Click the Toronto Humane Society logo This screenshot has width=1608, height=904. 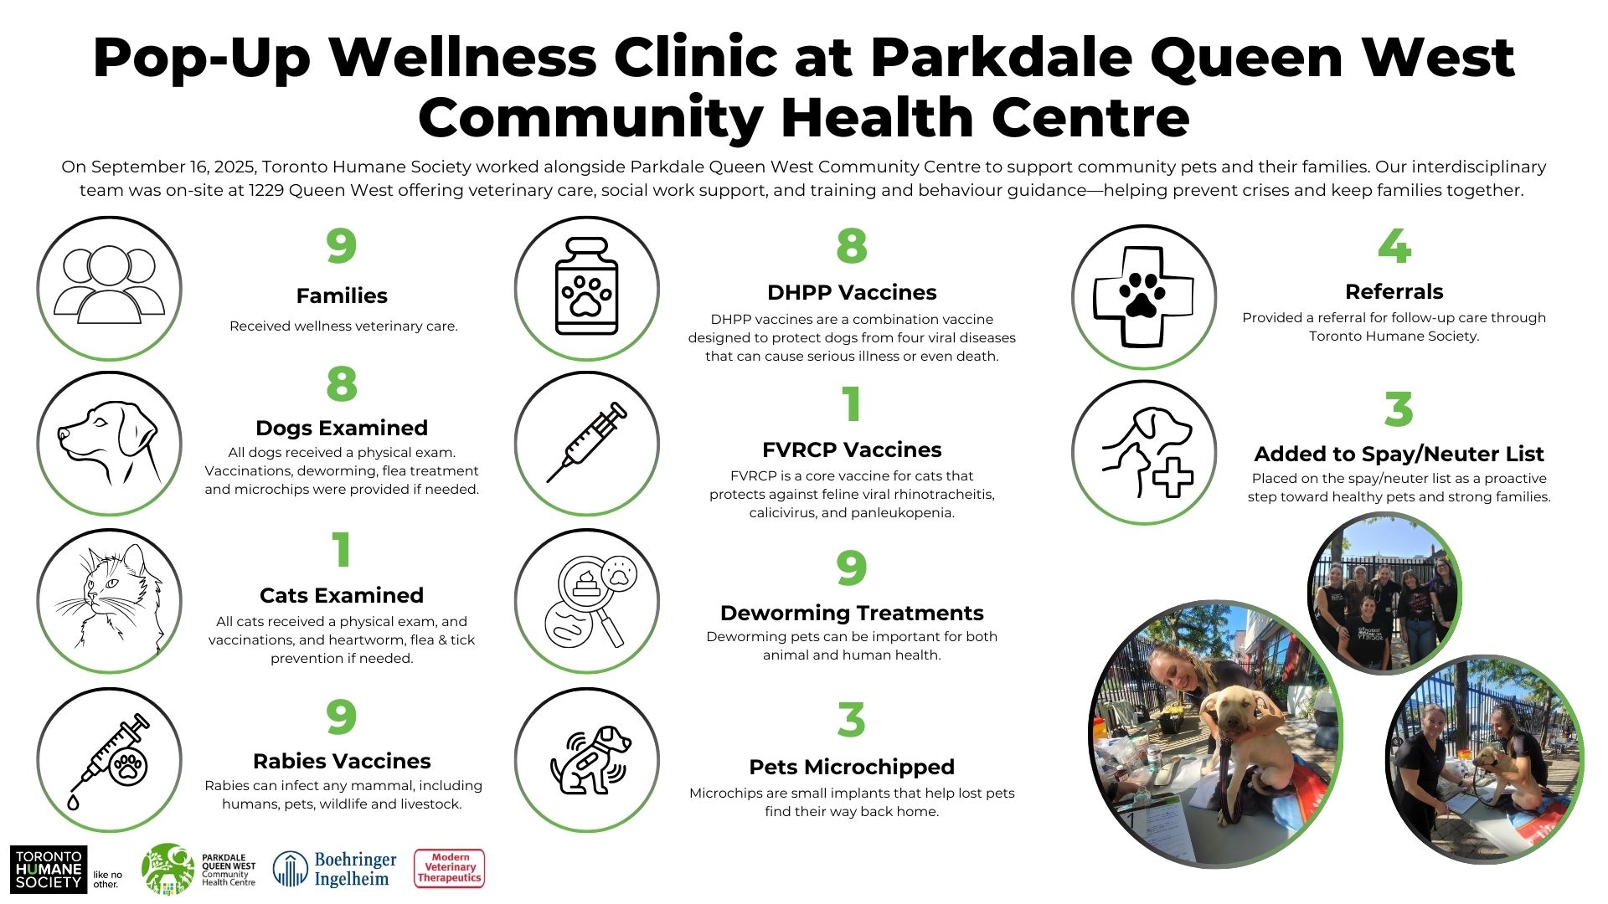49,869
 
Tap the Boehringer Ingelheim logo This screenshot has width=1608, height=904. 335,869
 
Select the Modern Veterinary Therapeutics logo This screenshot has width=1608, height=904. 450,868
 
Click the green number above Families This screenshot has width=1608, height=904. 342,245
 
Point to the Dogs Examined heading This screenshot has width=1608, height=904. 342,428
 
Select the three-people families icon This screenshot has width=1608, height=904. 110,285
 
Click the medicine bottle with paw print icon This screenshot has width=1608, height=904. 587,286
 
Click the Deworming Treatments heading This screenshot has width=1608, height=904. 852,613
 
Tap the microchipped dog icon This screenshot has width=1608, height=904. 589,759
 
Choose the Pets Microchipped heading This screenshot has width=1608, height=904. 852,767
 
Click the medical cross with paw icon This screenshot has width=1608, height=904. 1143,295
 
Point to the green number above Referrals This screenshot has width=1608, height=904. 1394,245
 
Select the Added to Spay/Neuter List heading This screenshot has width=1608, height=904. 1399,454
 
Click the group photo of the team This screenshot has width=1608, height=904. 1384,593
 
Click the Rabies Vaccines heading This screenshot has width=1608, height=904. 342,761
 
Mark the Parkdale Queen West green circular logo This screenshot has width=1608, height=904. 168,869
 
